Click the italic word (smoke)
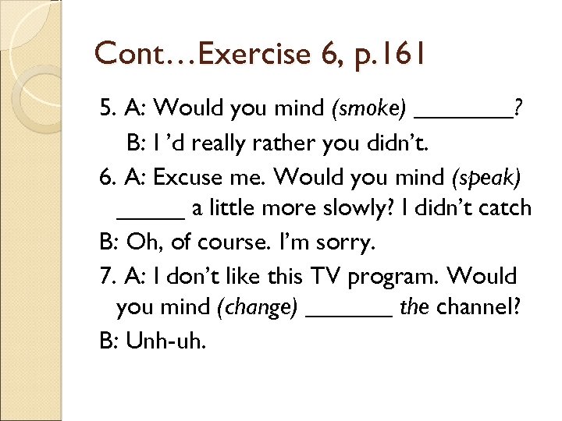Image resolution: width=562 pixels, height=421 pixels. point(369,111)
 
